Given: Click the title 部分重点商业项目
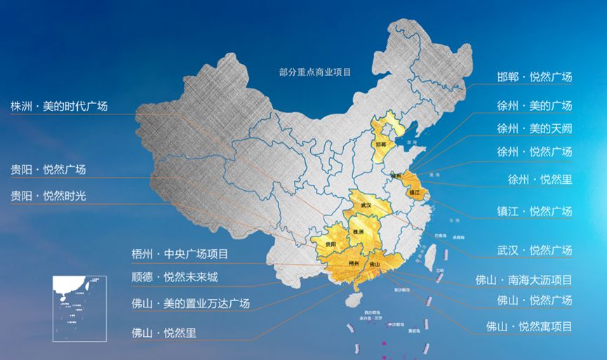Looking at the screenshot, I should (314, 72).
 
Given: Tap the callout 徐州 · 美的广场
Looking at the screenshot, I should (534, 106).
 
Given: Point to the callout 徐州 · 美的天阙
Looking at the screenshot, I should (534, 128).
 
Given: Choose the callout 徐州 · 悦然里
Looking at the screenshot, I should (540, 179).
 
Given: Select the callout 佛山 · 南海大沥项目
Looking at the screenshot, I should (523, 280).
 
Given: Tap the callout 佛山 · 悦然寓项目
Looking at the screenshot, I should (529, 326).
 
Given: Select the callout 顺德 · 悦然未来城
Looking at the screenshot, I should (175, 277).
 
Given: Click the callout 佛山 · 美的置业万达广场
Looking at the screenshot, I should (190, 304).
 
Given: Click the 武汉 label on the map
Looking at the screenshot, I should (365, 205).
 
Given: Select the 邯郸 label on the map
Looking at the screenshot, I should (380, 145).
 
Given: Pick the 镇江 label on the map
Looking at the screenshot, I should (414, 191).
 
